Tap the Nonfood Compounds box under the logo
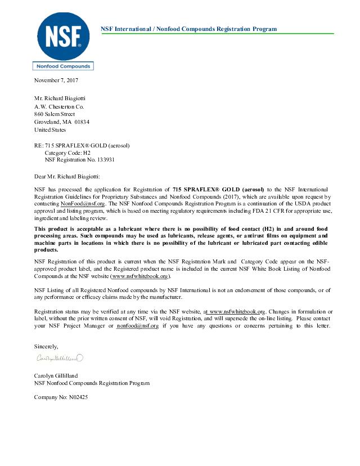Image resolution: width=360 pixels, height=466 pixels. point(63,66)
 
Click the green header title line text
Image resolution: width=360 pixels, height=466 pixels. point(188,29)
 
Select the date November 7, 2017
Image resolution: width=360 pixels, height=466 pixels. point(56,80)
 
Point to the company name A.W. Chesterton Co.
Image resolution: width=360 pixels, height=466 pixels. point(59,106)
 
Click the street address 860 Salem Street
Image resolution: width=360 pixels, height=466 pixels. point(55,114)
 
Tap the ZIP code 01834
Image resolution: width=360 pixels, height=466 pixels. point(81,122)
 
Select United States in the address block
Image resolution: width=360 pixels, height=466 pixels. point(50,129)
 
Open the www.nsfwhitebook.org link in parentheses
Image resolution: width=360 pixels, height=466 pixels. point(139,276)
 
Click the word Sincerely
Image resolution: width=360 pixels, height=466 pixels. point(46,346)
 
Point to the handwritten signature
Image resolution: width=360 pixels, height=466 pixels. point(60,358)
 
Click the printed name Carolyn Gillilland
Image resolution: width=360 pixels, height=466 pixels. point(56,375)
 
